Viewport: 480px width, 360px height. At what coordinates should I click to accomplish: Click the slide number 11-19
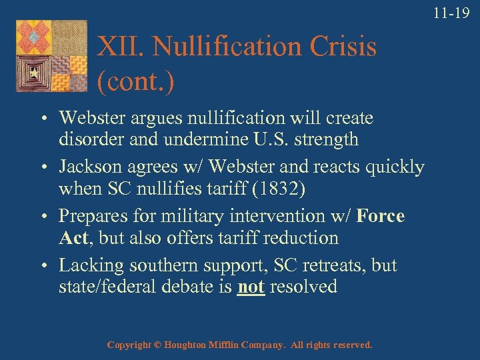pos(452,12)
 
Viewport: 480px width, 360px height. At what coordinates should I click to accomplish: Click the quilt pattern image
pos(51,55)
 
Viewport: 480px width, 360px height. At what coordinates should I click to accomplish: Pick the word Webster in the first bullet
pos(89,118)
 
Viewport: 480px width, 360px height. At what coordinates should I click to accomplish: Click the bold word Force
pos(381,217)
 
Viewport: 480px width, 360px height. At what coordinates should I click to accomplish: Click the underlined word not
pos(251,287)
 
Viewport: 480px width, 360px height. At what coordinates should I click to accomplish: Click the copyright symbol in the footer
pos(158,345)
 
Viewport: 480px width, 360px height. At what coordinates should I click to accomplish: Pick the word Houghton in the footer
pos(191,345)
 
